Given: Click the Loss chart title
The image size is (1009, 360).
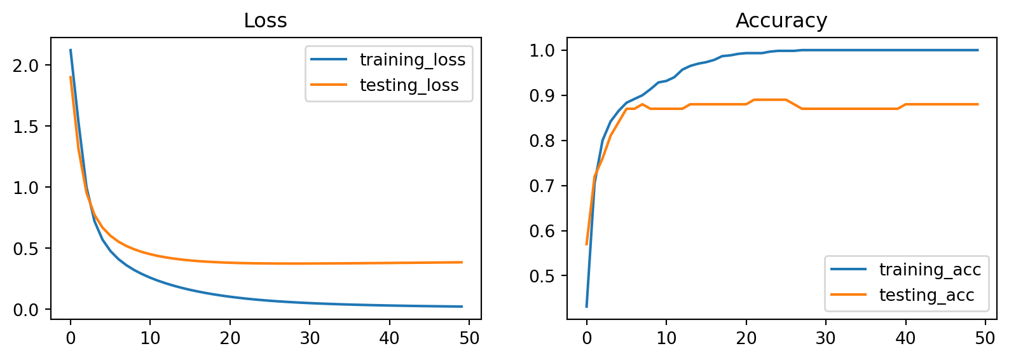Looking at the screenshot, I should click(x=265, y=21).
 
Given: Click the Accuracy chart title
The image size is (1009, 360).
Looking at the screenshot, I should click(x=781, y=21).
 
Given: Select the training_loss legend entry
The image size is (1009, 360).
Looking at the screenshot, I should click(x=412, y=60).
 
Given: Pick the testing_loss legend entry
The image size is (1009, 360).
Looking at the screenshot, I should click(x=409, y=85).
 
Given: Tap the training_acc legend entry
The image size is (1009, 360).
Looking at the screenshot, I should click(x=930, y=270).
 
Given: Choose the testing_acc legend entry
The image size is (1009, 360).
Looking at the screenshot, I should click(x=926, y=295).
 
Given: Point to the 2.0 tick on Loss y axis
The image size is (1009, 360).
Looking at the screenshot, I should click(x=26, y=66).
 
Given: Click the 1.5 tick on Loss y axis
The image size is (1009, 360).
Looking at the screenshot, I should click(x=26, y=127).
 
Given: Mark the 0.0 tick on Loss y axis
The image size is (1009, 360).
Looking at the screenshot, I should click(x=26, y=310).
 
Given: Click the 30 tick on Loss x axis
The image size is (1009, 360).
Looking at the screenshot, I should click(x=310, y=338).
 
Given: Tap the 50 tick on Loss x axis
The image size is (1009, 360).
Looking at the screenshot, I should click(x=469, y=338).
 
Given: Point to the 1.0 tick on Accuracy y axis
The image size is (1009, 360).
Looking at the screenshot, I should click(x=542, y=50).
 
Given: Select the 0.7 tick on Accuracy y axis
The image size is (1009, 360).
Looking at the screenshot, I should click(x=542, y=186).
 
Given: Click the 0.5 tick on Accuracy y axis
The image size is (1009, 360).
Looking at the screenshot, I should click(x=542, y=276).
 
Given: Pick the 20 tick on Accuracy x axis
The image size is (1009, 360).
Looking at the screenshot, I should click(x=746, y=338).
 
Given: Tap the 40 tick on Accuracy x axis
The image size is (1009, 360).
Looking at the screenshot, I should click(x=905, y=338).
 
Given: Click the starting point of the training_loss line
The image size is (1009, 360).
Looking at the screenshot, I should click(x=70, y=50).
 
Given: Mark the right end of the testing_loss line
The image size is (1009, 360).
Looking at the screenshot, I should click(x=462, y=262).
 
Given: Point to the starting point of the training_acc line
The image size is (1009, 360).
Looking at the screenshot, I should click(x=586, y=307).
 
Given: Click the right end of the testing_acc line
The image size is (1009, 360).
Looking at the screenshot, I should click(x=977, y=104).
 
